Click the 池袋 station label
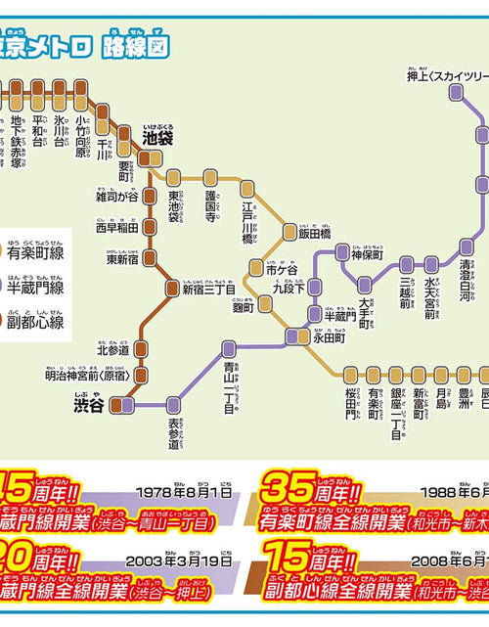coord(157,139)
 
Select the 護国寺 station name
coord(209,206)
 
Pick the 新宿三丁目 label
coord(208,289)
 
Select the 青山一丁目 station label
coord(230,386)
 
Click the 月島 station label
coord(441,398)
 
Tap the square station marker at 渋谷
coord(123,403)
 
